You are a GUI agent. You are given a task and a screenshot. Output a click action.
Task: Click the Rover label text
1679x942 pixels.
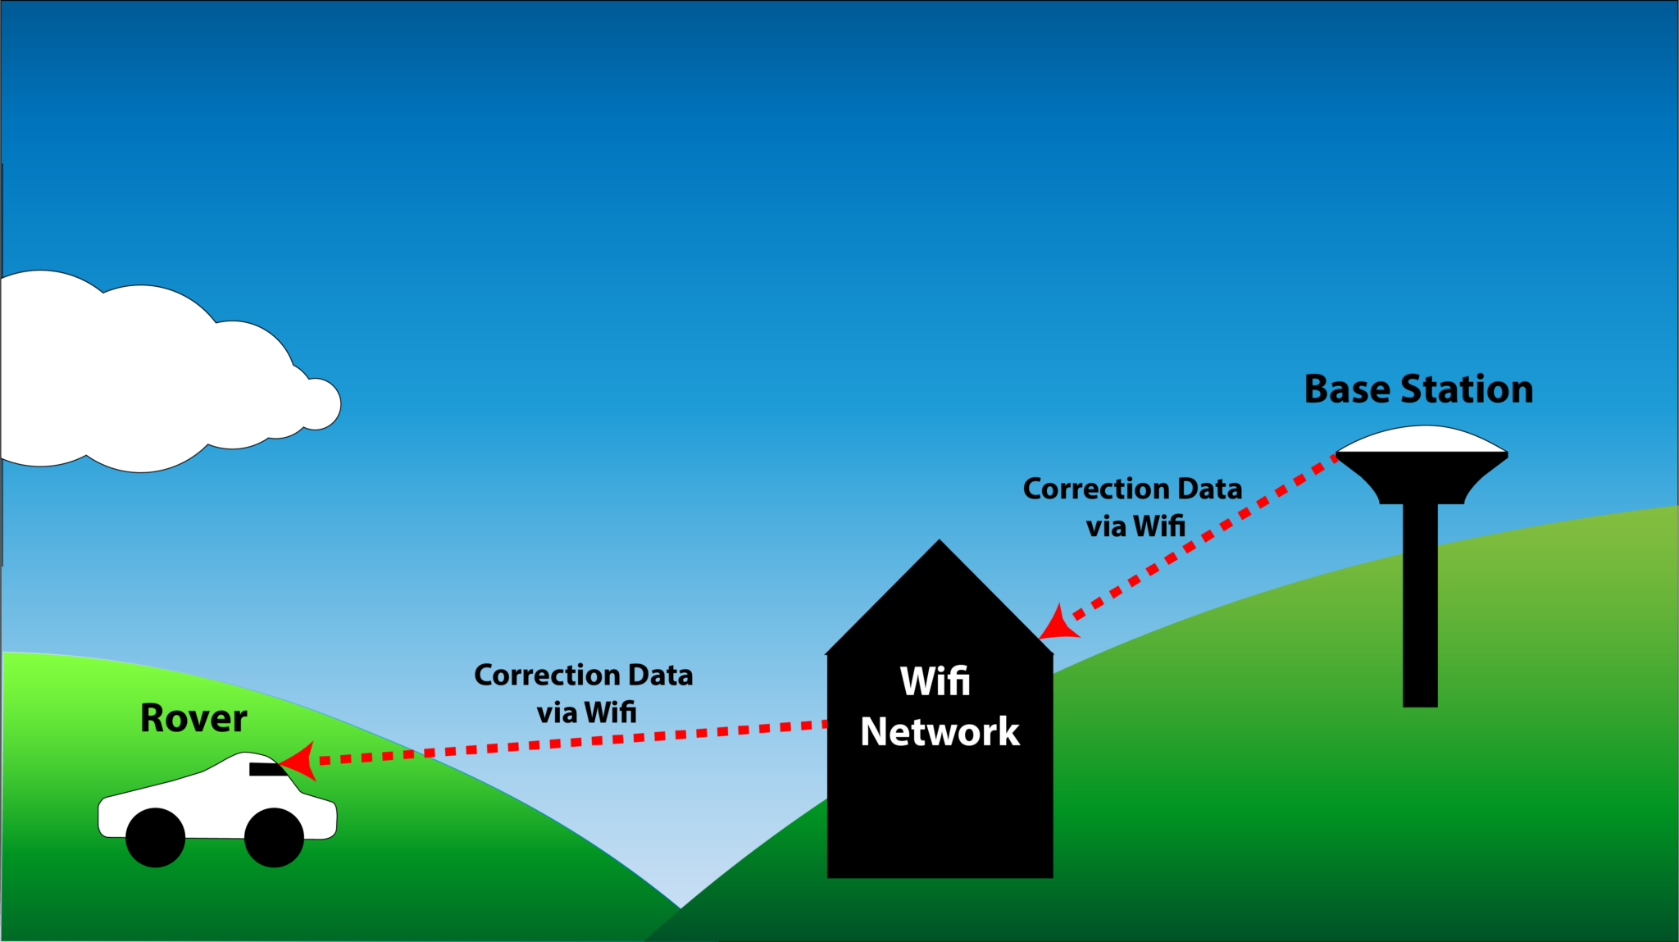(x=193, y=719)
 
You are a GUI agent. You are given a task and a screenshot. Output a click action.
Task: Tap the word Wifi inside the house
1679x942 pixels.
(x=935, y=681)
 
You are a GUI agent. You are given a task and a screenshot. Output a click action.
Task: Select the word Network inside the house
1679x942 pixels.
(x=940, y=731)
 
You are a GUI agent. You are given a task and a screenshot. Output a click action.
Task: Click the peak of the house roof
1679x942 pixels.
(x=940, y=544)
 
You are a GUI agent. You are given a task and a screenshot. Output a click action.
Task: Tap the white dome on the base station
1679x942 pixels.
(x=1422, y=439)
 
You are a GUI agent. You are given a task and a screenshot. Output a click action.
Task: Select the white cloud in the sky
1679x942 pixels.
(x=148, y=377)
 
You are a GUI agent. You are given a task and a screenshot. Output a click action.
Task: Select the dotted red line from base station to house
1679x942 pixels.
(x=1205, y=538)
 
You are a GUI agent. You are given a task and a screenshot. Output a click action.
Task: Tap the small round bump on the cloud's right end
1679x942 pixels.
(x=321, y=403)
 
